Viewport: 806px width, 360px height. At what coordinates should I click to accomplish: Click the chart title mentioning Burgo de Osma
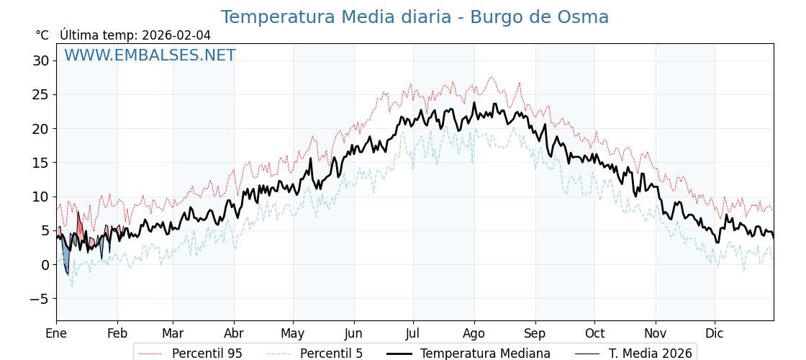click(x=415, y=17)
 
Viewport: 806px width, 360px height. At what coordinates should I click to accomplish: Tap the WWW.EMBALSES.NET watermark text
click(x=150, y=55)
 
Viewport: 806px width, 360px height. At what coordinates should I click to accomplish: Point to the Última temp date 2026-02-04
click(x=176, y=35)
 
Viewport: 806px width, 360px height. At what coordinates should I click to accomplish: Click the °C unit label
click(x=42, y=35)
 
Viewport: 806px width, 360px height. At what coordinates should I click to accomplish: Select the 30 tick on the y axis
click(x=40, y=60)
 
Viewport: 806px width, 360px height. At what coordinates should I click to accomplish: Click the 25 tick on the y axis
click(x=40, y=94)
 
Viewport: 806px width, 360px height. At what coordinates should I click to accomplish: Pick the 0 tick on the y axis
click(x=45, y=265)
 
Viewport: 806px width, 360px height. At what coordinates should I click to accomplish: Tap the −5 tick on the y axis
click(x=40, y=299)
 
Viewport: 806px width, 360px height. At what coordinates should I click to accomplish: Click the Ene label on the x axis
click(x=56, y=333)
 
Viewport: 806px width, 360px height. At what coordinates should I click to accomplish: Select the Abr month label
click(x=234, y=333)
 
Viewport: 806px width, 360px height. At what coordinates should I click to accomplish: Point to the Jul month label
click(x=413, y=333)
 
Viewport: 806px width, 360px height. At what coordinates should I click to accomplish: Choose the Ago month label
click(x=474, y=333)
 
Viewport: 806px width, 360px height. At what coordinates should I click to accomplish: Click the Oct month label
click(x=594, y=333)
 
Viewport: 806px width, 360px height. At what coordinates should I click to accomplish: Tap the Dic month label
click(x=715, y=333)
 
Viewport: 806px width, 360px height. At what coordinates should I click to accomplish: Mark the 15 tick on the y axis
click(x=40, y=163)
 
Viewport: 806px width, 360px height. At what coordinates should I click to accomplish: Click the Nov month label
click(x=656, y=333)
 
